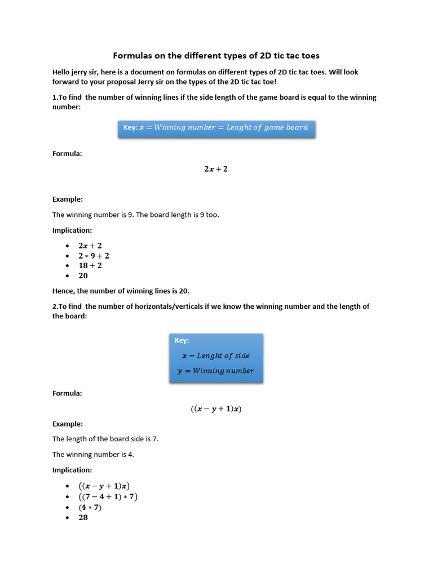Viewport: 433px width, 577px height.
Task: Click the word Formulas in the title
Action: [132, 55]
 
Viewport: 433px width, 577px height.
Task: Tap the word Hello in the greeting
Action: [63, 72]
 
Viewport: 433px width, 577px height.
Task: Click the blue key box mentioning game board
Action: [216, 127]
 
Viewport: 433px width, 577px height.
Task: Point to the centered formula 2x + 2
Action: [216, 169]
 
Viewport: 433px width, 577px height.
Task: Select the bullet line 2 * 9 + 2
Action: [94, 256]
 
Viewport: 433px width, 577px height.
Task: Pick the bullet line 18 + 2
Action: [90, 265]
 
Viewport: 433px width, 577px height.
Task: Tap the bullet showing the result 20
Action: [83, 276]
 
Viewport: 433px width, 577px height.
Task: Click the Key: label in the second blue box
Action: [182, 340]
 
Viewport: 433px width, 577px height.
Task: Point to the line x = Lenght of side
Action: [216, 356]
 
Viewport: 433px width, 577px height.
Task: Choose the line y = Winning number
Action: [216, 371]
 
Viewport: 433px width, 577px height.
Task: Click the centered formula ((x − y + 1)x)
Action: [216, 409]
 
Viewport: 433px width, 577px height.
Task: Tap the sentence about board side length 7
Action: [105, 439]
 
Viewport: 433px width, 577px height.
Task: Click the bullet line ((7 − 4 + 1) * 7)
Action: [108, 497]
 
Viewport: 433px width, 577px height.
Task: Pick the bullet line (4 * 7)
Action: [90, 507]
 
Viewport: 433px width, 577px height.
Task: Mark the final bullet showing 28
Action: [83, 517]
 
